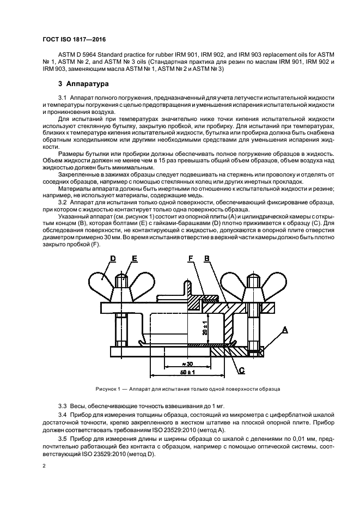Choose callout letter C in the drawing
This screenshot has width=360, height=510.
pos(241,370)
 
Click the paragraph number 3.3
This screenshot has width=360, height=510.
pos(62,406)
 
